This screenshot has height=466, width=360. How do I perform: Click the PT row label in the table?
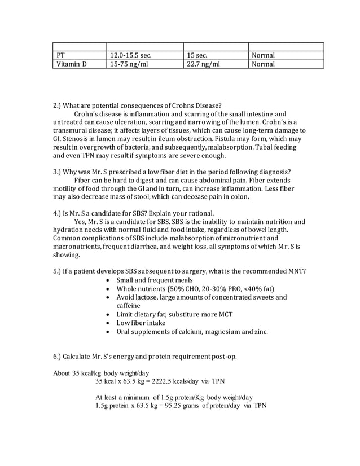(62, 55)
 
